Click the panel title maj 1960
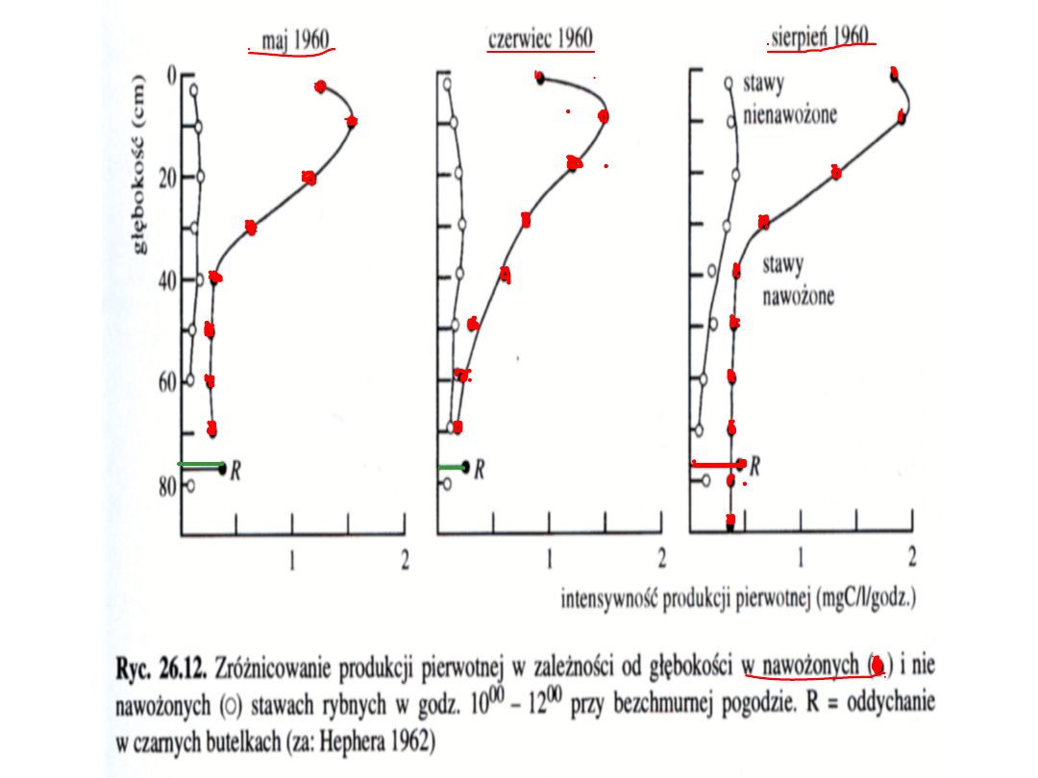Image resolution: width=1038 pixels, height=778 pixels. [x=295, y=39]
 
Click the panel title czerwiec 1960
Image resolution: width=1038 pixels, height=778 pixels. [x=540, y=39]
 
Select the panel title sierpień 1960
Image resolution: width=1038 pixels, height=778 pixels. [x=821, y=36]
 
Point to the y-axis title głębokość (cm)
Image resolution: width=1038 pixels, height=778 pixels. [x=141, y=163]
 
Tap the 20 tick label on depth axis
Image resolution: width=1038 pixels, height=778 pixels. [x=166, y=178]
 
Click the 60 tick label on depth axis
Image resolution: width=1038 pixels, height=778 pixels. [x=166, y=381]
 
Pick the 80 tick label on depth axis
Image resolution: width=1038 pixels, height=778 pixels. [x=166, y=486]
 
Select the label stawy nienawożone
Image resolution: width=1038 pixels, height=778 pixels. [x=788, y=101]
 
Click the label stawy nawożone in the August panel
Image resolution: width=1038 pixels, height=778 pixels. [x=798, y=280]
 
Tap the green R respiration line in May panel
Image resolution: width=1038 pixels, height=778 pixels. [x=200, y=466]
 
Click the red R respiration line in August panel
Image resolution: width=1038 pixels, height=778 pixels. [x=717, y=464]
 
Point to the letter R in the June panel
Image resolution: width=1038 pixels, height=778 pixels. [x=478, y=470]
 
